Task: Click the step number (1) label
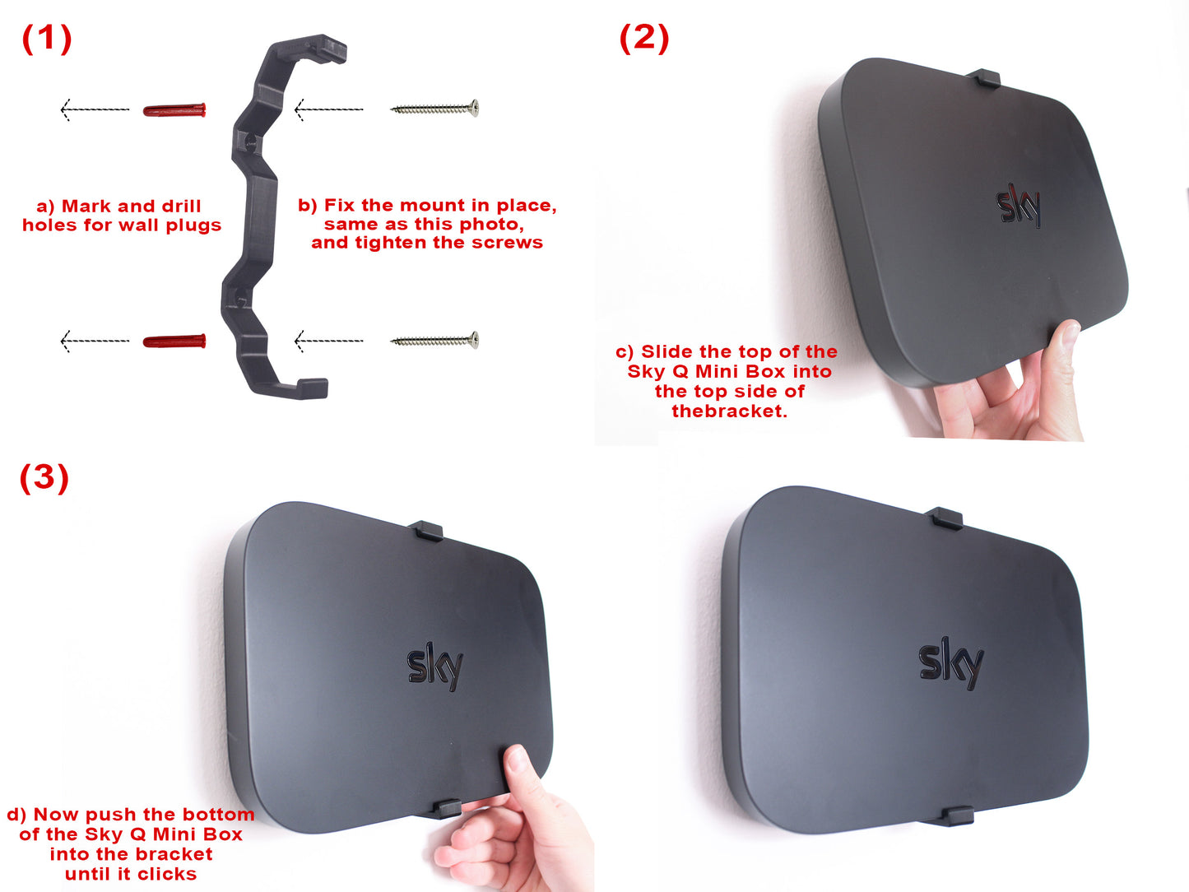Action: click(47, 38)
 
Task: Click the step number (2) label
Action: click(644, 38)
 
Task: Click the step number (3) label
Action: click(44, 477)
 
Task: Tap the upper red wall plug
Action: click(174, 109)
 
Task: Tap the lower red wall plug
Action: click(174, 341)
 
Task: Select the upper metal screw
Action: click(434, 108)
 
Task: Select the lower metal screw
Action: click(434, 340)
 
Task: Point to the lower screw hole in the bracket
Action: click(236, 293)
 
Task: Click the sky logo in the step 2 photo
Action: click(1019, 207)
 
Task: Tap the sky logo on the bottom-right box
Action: click(950, 662)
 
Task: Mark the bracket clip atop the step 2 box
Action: click(982, 79)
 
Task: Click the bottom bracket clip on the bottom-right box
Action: click(957, 815)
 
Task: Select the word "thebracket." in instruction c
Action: click(729, 411)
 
